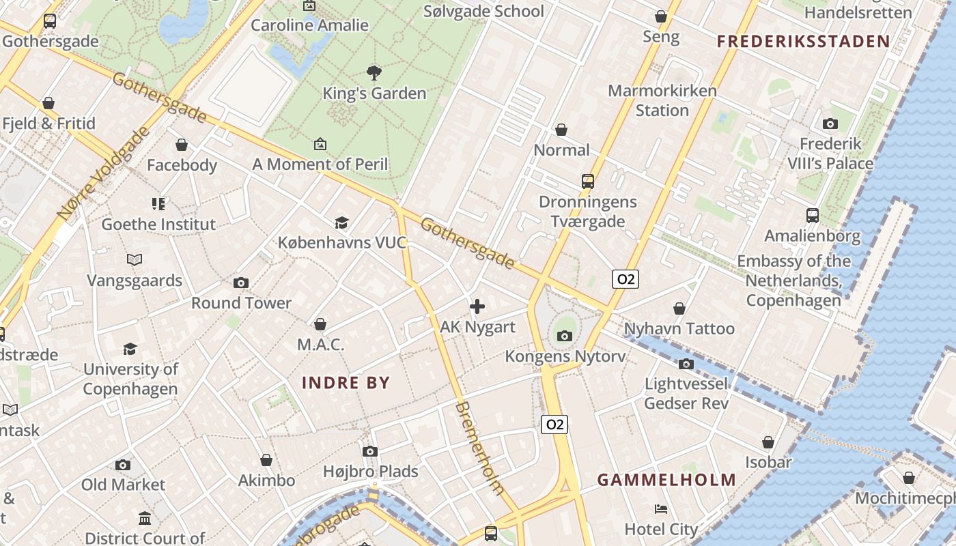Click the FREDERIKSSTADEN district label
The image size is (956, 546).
tap(804, 42)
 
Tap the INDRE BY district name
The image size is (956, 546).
tap(346, 383)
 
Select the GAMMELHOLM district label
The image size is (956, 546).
tap(666, 480)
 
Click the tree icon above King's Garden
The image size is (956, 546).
tap(374, 72)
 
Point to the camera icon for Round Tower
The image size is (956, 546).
tap(241, 283)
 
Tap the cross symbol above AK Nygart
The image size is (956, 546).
tap(477, 306)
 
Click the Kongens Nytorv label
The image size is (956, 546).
tap(565, 356)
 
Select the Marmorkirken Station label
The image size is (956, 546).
tap(662, 100)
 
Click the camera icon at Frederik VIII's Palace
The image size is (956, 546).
tap(830, 124)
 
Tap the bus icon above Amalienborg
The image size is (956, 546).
tap(813, 216)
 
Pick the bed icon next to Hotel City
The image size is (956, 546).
tap(661, 509)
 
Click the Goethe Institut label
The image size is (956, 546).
tap(158, 224)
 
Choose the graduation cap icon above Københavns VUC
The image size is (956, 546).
tap(341, 222)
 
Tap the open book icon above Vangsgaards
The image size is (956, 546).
tap(135, 260)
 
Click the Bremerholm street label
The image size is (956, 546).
tap(480, 448)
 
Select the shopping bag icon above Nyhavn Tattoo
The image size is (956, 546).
tap(679, 309)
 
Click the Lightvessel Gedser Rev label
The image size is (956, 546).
tap(686, 393)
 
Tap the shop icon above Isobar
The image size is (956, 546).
tap(768, 442)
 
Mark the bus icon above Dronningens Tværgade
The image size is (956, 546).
tap(588, 182)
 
